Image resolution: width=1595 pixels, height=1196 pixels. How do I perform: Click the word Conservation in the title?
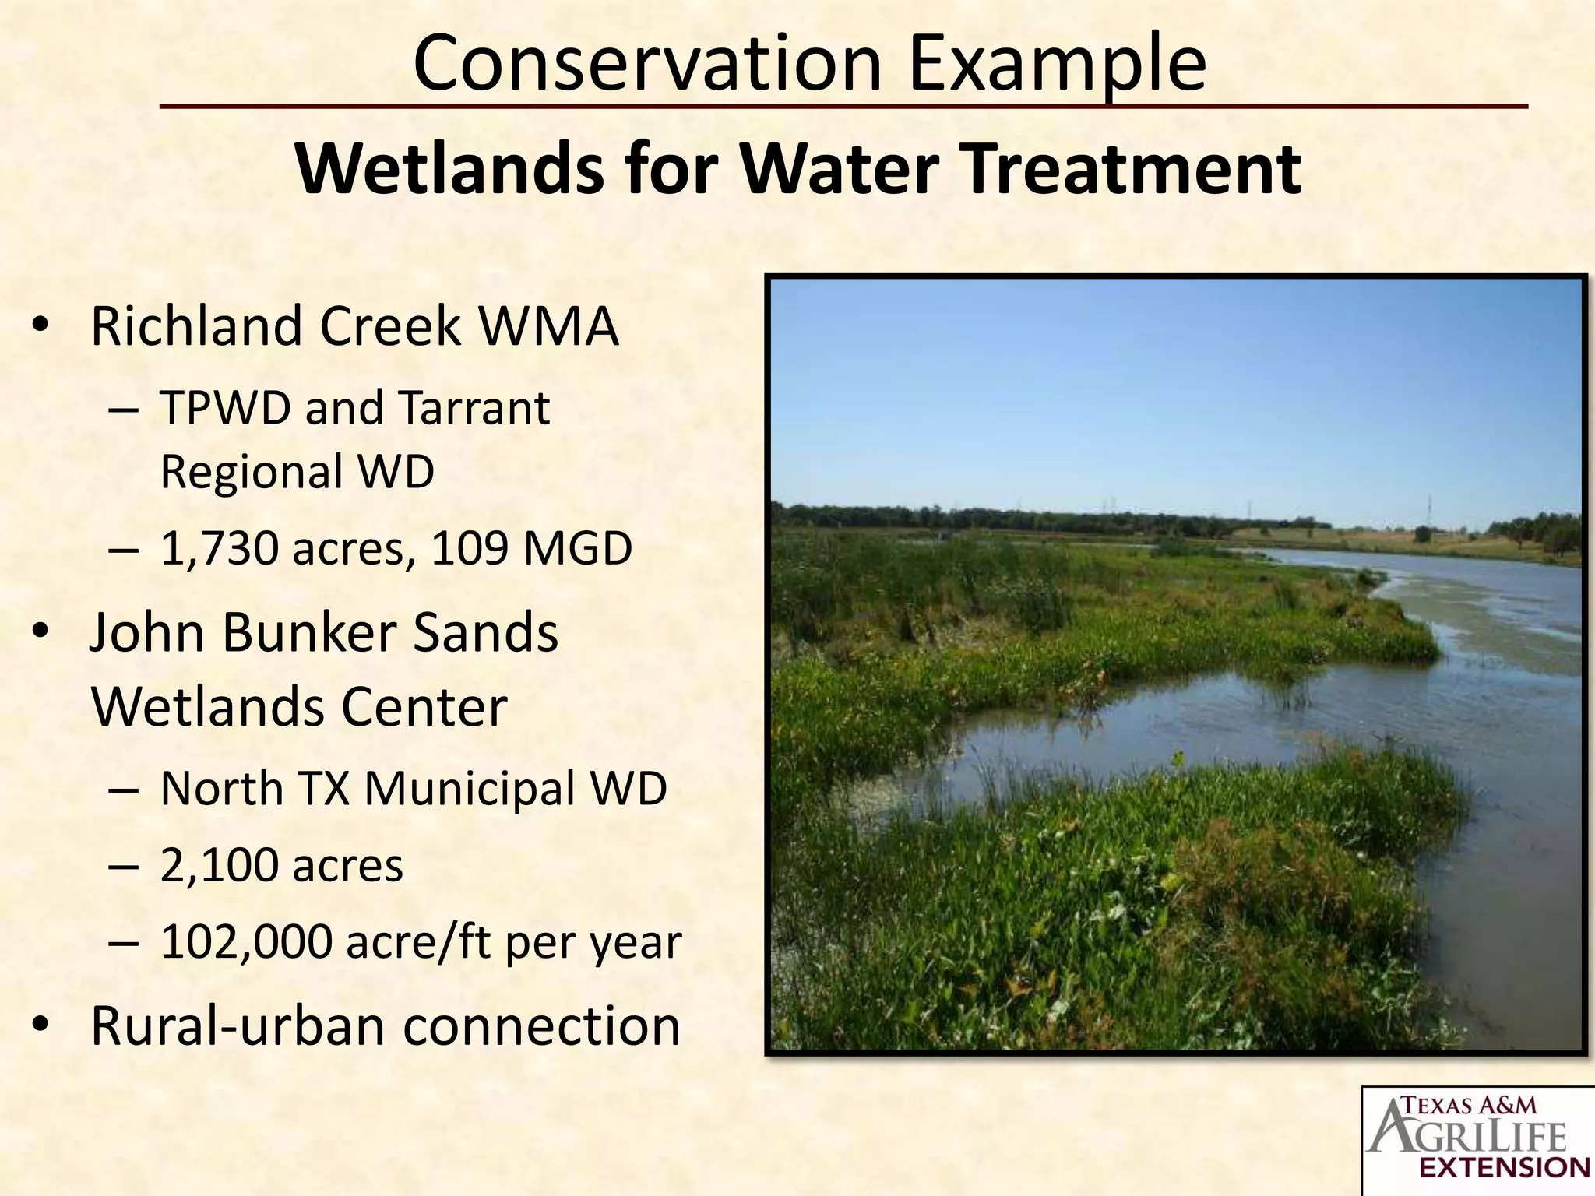coord(646,62)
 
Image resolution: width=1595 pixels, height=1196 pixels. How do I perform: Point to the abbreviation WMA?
coord(548,326)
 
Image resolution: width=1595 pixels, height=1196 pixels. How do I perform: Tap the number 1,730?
coord(218,550)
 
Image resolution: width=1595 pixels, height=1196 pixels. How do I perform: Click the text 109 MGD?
coord(531,548)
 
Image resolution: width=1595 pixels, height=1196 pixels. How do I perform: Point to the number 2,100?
coord(218,866)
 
